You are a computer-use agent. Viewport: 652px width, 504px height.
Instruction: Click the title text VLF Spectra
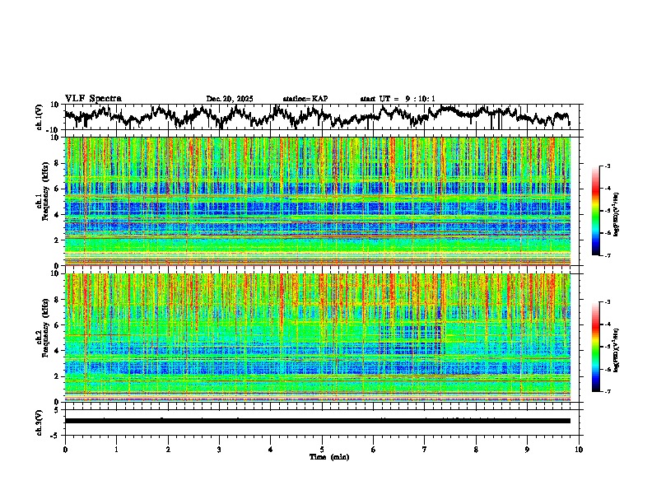93,99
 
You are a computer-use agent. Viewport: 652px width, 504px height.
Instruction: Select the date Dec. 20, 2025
230,99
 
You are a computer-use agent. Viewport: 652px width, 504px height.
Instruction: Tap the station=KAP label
305,99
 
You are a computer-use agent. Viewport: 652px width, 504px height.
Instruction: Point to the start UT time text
398,99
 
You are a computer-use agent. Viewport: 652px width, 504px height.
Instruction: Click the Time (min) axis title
322,456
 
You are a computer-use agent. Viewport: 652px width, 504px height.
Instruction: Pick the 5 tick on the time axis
322,449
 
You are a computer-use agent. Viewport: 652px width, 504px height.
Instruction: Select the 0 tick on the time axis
65,449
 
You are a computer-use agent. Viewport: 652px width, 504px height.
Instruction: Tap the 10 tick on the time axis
579,449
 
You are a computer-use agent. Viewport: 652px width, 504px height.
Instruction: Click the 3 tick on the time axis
219,449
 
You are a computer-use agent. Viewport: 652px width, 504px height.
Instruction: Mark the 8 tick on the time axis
476,449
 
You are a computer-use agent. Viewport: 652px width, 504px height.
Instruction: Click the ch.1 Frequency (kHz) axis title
41,202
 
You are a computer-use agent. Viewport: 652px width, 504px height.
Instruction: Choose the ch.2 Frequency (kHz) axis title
41,337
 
